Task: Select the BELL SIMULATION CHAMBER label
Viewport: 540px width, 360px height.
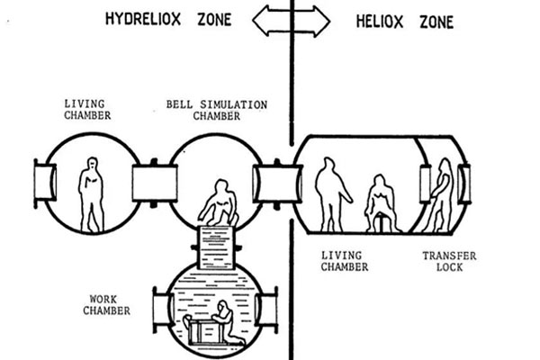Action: [x=217, y=110]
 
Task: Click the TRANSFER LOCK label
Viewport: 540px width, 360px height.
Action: [x=449, y=261]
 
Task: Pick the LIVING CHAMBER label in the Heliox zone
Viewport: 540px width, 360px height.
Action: [x=343, y=261]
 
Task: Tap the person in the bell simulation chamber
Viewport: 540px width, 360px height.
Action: [x=217, y=205]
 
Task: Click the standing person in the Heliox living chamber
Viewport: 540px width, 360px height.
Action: [x=329, y=193]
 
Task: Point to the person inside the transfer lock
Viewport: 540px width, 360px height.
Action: [x=441, y=193]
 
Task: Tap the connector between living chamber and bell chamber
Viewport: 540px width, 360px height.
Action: [x=150, y=183]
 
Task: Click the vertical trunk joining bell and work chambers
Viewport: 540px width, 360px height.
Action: [x=216, y=245]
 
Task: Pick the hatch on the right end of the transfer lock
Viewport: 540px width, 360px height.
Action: [x=463, y=183]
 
